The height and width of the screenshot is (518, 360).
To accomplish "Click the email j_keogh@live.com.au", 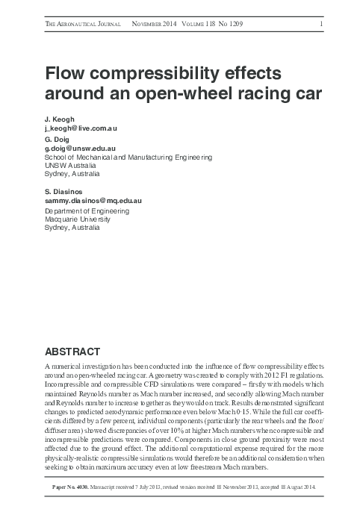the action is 81,128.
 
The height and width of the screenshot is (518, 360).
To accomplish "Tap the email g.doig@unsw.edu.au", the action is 81,149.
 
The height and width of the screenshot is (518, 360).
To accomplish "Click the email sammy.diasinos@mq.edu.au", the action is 93,201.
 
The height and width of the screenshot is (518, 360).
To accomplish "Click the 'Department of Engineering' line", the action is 87,210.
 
